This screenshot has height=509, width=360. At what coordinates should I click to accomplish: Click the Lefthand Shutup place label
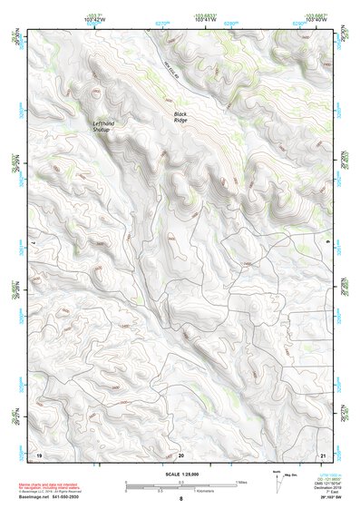click(x=101, y=126)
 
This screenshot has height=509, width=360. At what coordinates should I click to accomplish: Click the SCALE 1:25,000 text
click(x=180, y=474)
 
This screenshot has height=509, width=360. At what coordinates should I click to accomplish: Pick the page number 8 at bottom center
click(x=180, y=499)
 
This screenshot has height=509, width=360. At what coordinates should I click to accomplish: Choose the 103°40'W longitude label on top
click(x=314, y=21)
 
